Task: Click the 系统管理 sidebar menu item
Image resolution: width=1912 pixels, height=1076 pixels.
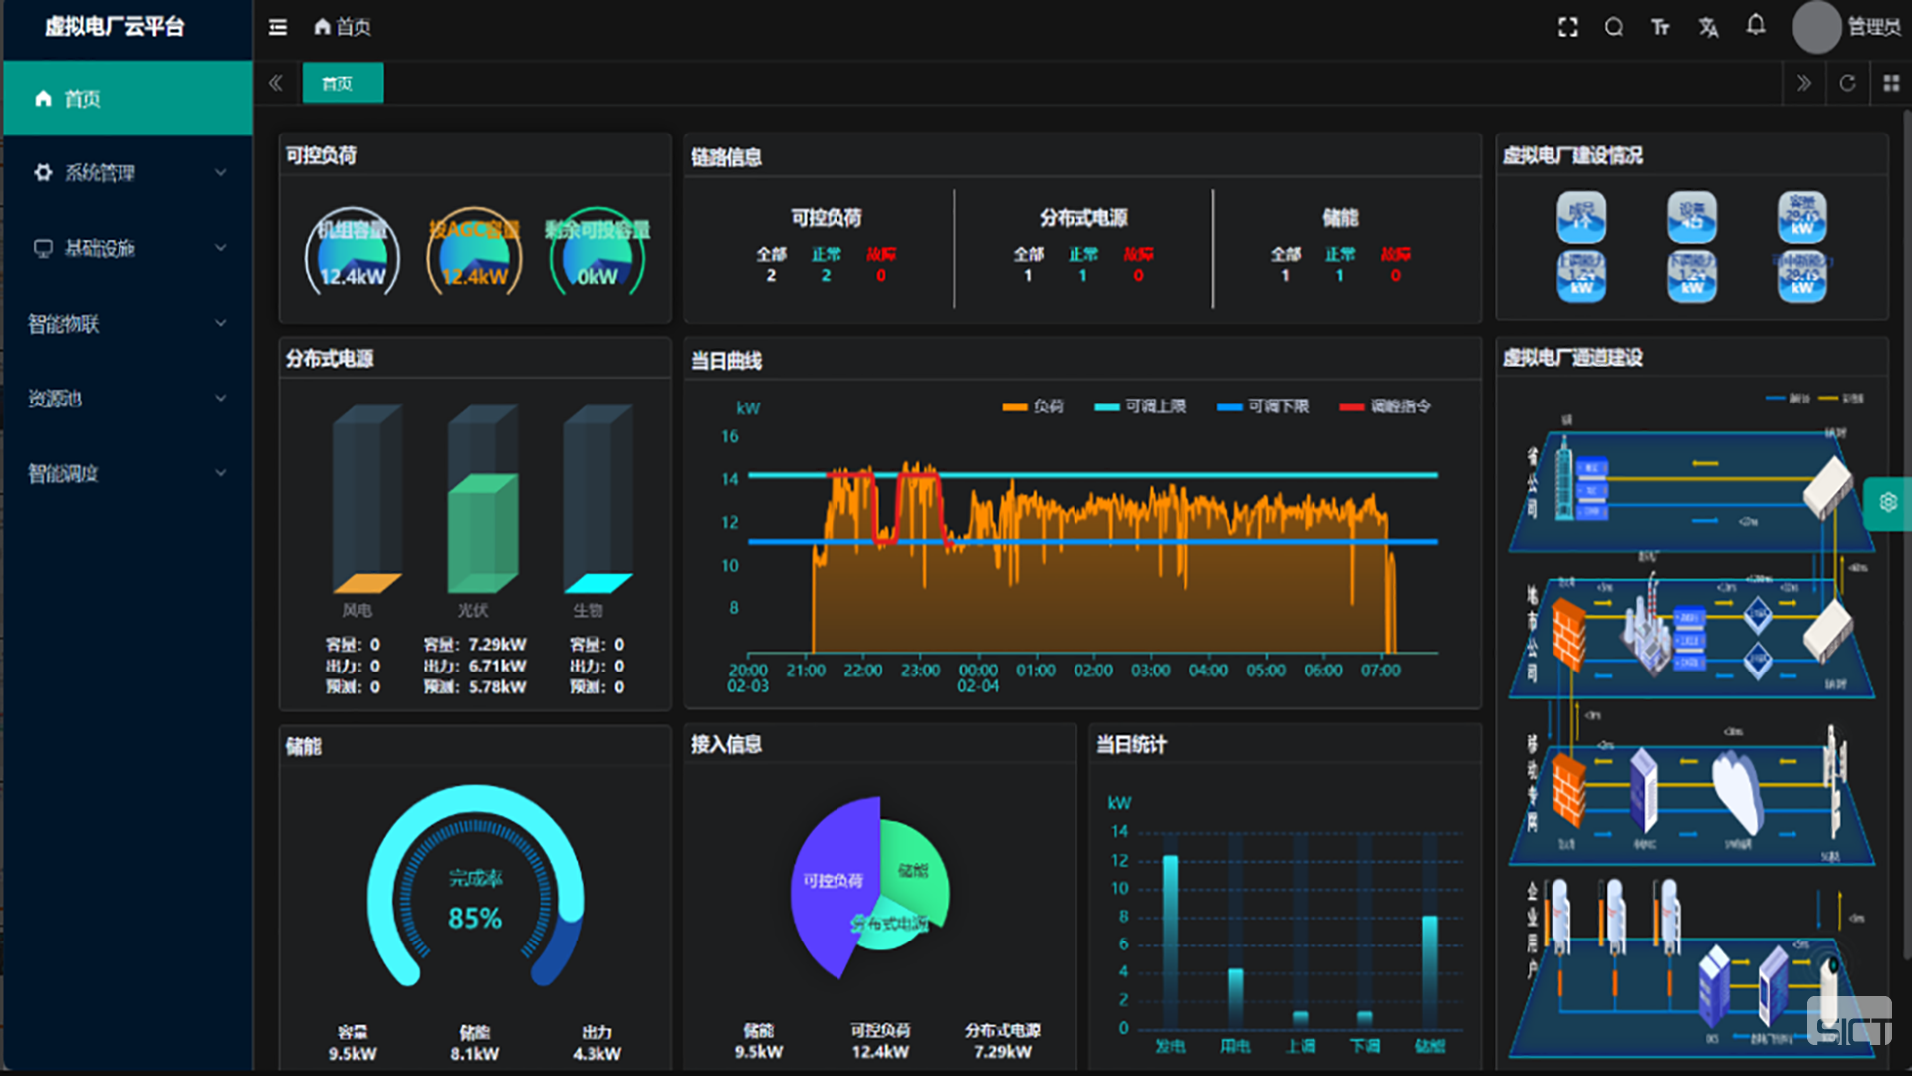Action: [100, 173]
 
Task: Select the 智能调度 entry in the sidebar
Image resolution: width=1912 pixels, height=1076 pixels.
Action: [64, 474]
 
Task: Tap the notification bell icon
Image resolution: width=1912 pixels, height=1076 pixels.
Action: [1756, 26]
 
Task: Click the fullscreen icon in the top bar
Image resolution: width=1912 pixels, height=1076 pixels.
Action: [1568, 27]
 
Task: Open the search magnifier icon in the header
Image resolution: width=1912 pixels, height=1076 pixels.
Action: [1614, 27]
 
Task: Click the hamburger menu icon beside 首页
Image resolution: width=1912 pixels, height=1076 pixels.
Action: [278, 27]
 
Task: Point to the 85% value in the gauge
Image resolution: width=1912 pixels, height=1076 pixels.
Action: [475, 918]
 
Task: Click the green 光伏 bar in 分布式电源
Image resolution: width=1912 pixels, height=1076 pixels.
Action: [482, 533]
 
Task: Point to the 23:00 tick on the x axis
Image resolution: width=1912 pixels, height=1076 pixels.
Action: [920, 671]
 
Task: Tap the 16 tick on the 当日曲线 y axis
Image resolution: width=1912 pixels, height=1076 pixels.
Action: [730, 436]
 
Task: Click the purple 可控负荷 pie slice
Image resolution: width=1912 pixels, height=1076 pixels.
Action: [832, 882]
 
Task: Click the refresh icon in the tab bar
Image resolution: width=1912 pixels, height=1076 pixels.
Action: [1847, 83]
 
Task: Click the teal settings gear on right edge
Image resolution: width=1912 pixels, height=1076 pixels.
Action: [1888, 503]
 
